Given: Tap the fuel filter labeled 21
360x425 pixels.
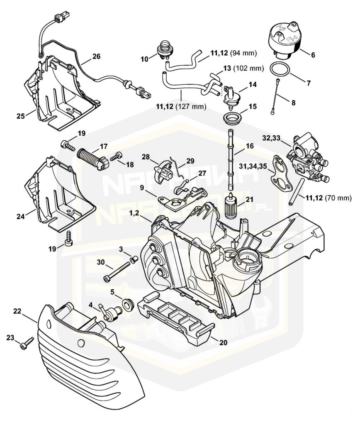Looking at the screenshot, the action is (231, 208).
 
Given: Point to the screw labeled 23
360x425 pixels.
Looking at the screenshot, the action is (27, 343).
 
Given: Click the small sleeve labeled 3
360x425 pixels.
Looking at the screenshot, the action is (134, 260).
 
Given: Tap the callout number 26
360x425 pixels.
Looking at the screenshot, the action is (96, 56).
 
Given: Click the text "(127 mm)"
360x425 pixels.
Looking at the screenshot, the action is (191, 107).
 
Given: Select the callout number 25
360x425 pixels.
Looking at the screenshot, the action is (21, 116).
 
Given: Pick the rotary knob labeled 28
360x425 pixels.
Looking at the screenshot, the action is (163, 171).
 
